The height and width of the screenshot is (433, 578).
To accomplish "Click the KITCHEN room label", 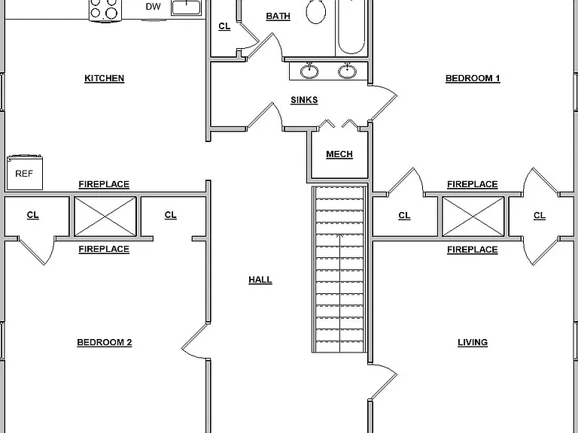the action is tap(105, 78).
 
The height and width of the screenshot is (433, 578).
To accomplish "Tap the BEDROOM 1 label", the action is tap(473, 78).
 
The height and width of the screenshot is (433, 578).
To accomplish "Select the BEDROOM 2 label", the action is tap(105, 343).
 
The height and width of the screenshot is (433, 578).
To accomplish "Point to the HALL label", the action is tap(260, 280).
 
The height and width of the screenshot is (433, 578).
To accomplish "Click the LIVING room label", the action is tap(473, 343).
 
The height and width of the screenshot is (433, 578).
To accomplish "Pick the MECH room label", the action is tap(339, 154).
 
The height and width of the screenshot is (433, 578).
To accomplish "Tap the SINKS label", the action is tap(304, 100).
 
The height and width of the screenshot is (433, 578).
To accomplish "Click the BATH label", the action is tap(278, 17).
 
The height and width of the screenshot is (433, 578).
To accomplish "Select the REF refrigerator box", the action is tap(25, 172).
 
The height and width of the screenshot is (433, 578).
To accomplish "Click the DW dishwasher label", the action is tap(153, 7).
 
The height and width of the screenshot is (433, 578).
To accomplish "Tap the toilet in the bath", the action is tap(316, 11).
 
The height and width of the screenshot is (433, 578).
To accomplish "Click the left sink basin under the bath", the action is tap(309, 71).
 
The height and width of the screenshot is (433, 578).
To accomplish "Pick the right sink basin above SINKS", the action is tap(347, 71).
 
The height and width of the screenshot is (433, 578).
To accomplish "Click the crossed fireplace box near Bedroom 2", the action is tap(105, 216).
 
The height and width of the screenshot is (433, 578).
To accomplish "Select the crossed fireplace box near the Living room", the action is tap(473, 216).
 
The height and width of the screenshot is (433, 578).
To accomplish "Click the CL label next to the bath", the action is tap(224, 26).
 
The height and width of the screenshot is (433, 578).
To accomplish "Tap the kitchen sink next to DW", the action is tap(187, 8).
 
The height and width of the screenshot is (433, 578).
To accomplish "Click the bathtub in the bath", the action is tap(351, 26).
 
